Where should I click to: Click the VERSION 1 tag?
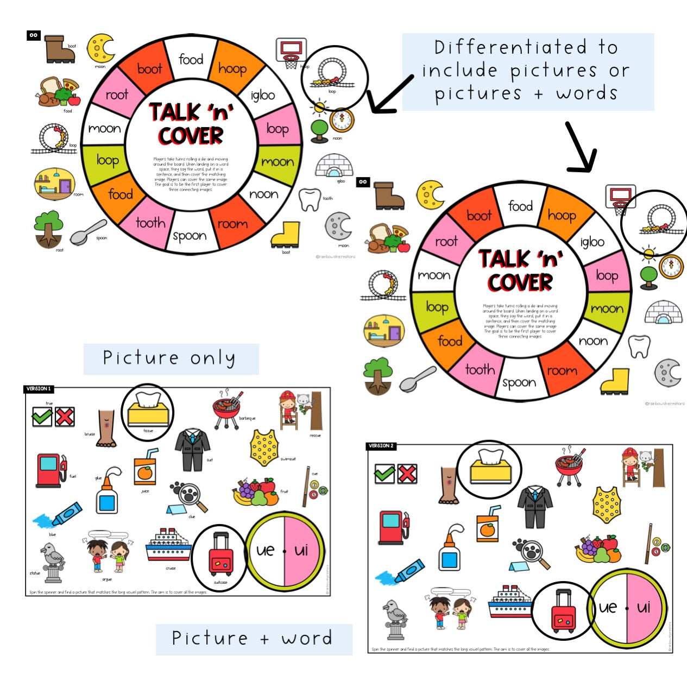click(x=39, y=389)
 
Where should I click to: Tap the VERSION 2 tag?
click(x=381, y=446)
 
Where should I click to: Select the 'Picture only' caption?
click(x=171, y=358)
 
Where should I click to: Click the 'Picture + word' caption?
click(x=253, y=639)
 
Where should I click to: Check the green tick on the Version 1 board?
click(x=42, y=417)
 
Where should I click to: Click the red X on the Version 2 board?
click(x=407, y=474)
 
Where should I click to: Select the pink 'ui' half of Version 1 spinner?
click(x=302, y=551)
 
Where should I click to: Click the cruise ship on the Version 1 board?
click(x=168, y=546)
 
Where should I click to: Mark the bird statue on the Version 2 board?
click(x=395, y=619)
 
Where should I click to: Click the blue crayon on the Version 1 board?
click(x=60, y=516)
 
